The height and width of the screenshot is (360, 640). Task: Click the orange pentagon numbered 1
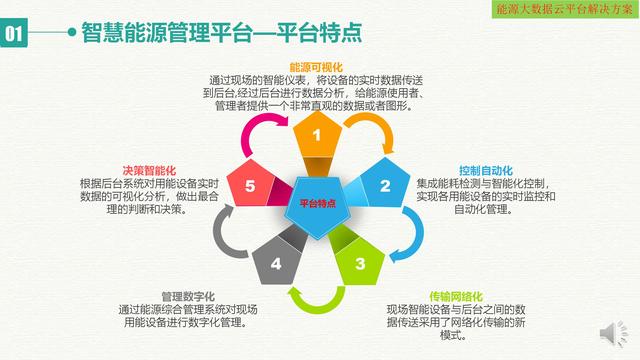click(x=317, y=135)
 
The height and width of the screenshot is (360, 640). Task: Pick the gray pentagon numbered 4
click(x=277, y=263)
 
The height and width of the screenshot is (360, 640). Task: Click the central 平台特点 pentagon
click(x=318, y=203)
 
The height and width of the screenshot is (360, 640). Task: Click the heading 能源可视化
click(x=317, y=66)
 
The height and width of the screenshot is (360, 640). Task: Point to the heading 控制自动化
click(x=485, y=170)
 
